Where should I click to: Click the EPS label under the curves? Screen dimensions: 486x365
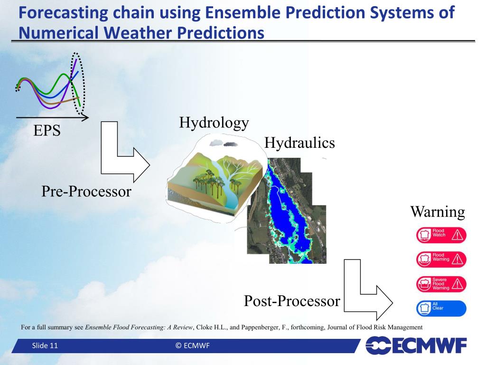pyautogui.click(x=47, y=130)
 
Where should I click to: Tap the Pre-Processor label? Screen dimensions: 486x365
pyautogui.click(x=86, y=191)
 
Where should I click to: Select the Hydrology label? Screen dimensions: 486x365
pyautogui.click(x=214, y=123)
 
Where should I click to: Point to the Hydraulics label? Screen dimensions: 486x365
pyautogui.click(x=299, y=143)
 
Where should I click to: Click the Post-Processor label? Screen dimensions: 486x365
pyautogui.click(x=292, y=301)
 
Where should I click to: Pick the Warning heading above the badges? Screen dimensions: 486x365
pyautogui.click(x=438, y=212)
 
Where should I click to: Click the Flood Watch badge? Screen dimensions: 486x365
pyautogui.click(x=441, y=235)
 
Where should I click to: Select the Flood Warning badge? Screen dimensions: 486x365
pyautogui.click(x=441, y=259)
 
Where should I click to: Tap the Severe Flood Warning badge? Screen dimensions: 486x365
pyautogui.click(x=441, y=284)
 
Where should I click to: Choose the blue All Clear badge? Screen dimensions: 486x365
pyautogui.click(x=441, y=308)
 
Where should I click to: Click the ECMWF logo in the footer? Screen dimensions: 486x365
pyautogui.click(x=416, y=345)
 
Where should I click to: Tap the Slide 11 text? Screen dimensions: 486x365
pyautogui.click(x=45, y=346)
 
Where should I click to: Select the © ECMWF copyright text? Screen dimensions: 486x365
pyautogui.click(x=193, y=346)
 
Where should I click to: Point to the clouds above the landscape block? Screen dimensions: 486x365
pyautogui.click(x=224, y=144)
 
